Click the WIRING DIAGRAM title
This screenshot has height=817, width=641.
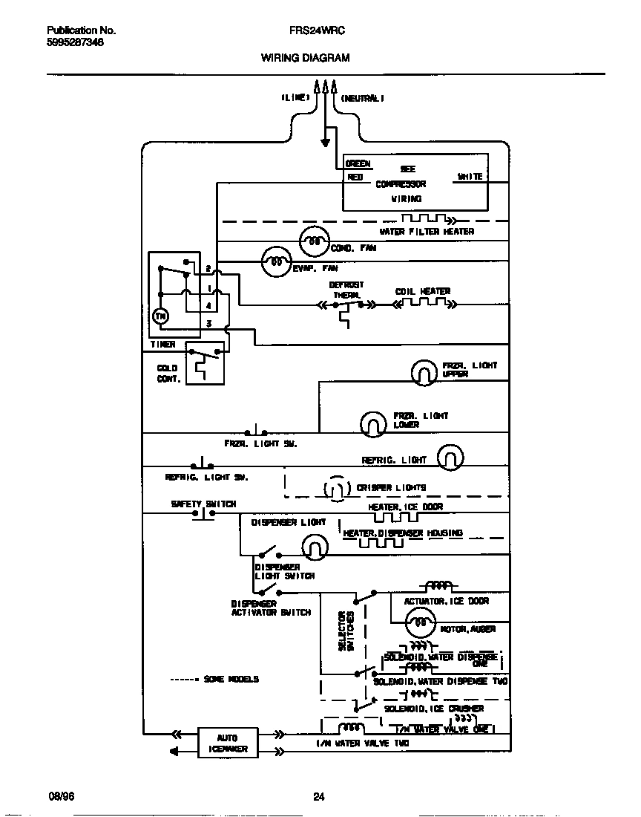305,57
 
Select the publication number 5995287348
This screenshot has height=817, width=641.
75,42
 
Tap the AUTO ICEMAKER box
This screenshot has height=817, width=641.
227,743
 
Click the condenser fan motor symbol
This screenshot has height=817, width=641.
313,241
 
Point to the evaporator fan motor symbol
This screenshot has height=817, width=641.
275,261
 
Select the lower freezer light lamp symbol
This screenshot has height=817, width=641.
373,423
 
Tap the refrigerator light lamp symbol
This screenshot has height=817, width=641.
450,458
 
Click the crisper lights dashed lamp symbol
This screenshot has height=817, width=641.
336,488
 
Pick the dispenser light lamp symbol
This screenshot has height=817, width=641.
315,547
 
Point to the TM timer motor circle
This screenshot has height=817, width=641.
160,316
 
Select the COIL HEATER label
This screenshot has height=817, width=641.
422,291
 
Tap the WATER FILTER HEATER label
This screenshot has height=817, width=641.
426,232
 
